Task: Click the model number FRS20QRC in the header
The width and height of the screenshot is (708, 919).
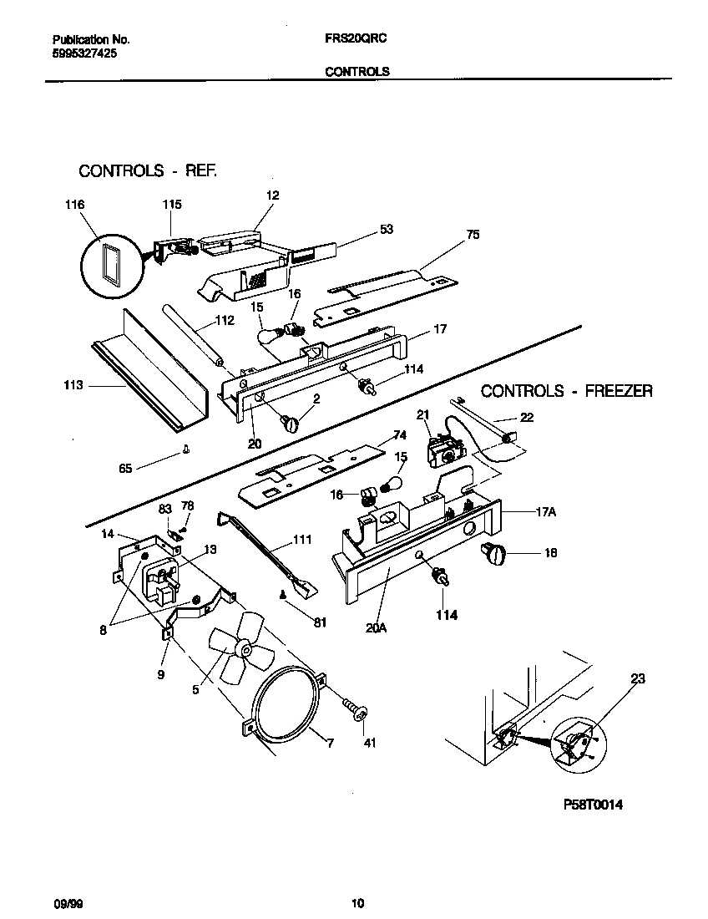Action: (x=355, y=39)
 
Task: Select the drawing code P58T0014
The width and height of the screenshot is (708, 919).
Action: (x=592, y=805)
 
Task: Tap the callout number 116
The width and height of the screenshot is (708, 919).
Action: (x=75, y=204)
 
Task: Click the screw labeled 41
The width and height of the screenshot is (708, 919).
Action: (x=357, y=711)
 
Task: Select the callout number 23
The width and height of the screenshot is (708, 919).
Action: (x=637, y=679)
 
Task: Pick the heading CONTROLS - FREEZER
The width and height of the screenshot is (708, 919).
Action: (x=567, y=391)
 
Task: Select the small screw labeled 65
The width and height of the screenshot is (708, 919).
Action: (x=185, y=452)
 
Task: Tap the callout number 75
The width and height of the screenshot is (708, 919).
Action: (x=473, y=235)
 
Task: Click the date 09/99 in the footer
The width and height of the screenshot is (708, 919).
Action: (x=63, y=902)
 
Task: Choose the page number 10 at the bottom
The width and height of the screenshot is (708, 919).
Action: (x=357, y=902)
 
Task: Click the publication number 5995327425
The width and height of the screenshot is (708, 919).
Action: (x=84, y=53)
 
